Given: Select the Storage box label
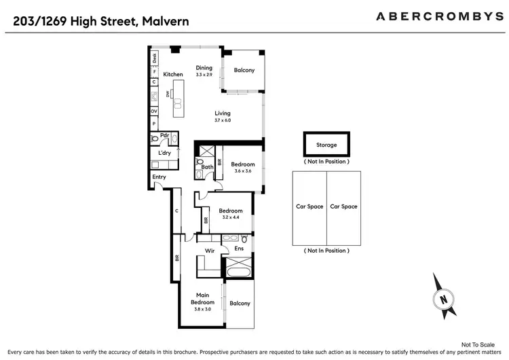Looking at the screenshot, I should click(326, 145).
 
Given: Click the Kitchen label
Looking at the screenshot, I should click(173, 75).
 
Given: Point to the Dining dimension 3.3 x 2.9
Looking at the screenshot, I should click(204, 75).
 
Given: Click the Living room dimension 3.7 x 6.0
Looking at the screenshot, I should click(223, 120).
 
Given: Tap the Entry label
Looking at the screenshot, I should click(159, 177).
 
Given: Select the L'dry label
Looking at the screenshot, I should click(165, 154).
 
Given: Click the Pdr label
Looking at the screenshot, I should click(164, 135).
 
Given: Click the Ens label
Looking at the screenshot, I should click(239, 249).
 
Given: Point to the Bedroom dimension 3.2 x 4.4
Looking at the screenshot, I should click(231, 217).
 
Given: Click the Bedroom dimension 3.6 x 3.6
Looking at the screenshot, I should click(242, 171).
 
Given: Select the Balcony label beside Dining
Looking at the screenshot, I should click(244, 70).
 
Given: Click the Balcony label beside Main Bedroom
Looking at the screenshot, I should click(240, 304).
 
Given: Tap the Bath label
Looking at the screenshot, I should click(207, 166).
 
